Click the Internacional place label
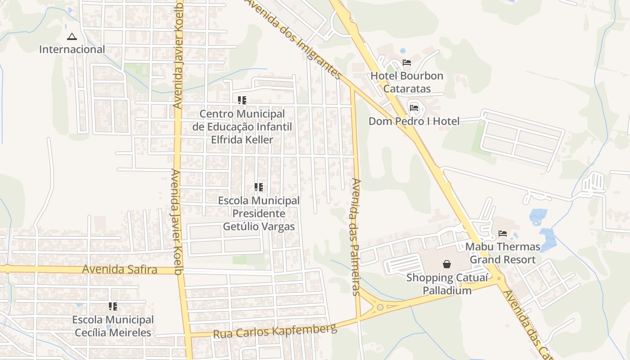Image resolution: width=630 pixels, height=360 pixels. pyautogui.click(x=72, y=49)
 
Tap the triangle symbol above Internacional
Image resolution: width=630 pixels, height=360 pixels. pyautogui.click(x=72, y=36)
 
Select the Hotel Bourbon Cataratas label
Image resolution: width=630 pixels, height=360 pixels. pyautogui.click(x=407, y=82)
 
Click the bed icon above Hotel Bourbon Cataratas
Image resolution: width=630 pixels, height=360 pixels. pyautogui.click(x=407, y=62)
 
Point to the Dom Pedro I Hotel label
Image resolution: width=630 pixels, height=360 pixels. pyautogui.click(x=414, y=121)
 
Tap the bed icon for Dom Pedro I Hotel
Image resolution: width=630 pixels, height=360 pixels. pyautogui.click(x=414, y=108)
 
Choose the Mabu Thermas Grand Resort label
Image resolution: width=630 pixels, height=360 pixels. pyautogui.click(x=503, y=253)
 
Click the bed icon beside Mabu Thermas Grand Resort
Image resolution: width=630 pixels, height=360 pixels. pyautogui.click(x=503, y=233)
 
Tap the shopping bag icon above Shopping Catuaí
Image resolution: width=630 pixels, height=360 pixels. pyautogui.click(x=447, y=264)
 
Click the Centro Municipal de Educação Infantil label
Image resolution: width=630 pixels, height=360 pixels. pyautogui.click(x=242, y=127)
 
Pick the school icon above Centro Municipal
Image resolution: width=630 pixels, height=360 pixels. pyautogui.click(x=242, y=100)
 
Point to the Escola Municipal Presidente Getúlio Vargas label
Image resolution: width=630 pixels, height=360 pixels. pyautogui.click(x=259, y=213)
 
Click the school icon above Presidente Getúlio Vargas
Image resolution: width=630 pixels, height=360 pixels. pyautogui.click(x=259, y=187)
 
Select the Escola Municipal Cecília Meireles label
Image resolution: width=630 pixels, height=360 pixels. pyautogui.click(x=113, y=326)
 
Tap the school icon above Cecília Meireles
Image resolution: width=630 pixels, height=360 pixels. pyautogui.click(x=113, y=306)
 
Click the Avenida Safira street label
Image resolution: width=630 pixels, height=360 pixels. pyautogui.click(x=120, y=270)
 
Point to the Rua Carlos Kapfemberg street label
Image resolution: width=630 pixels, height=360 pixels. pyautogui.click(x=274, y=331)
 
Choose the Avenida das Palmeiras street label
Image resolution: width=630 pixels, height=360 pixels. pyautogui.click(x=356, y=237)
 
